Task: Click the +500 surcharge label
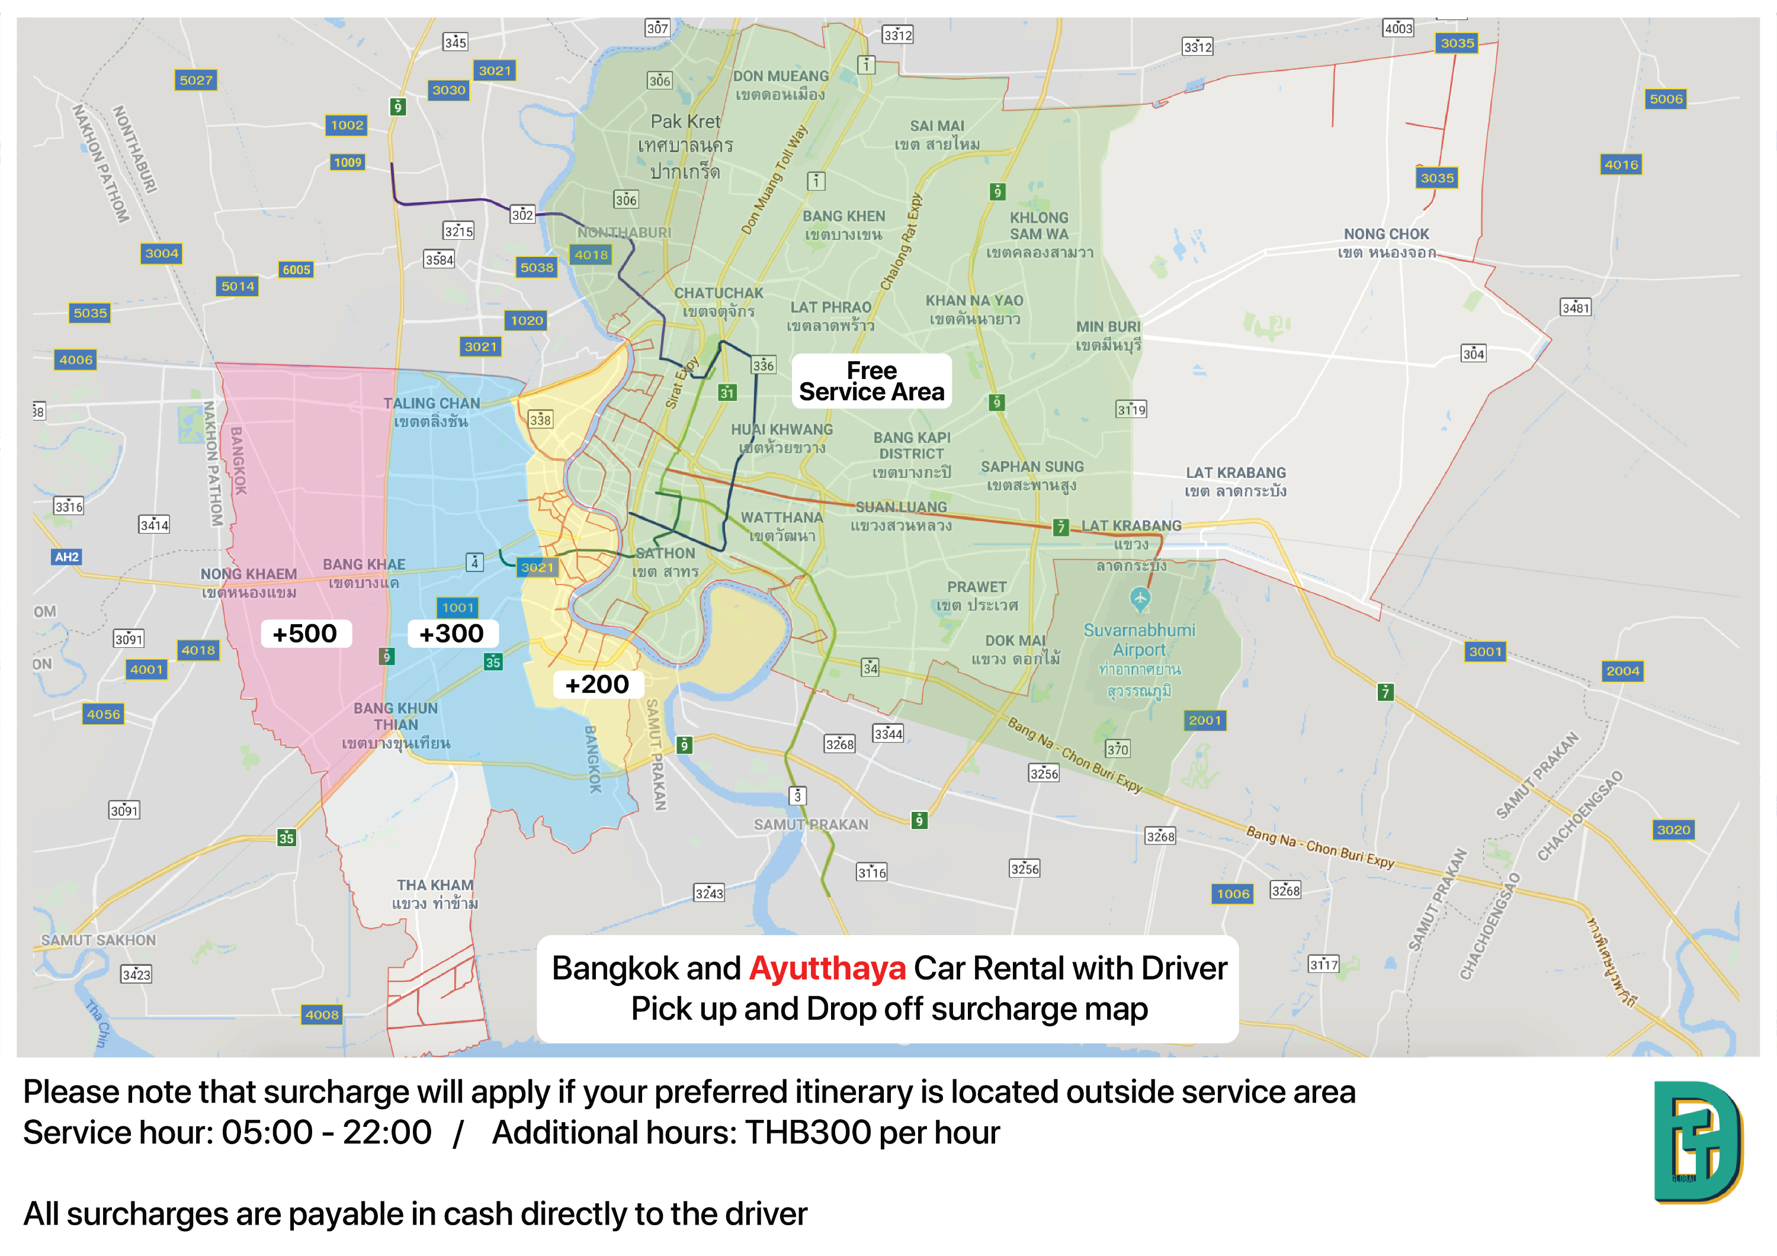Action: pyautogui.click(x=305, y=634)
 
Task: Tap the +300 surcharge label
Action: pyautogui.click(x=451, y=634)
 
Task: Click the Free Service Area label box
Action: pyautogui.click(x=871, y=381)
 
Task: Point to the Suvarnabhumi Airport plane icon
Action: pyautogui.click(x=1139, y=598)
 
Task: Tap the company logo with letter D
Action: pyautogui.click(x=1697, y=1142)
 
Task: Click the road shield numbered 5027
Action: pyautogui.click(x=196, y=81)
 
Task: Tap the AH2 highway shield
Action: pyautogui.click(x=66, y=557)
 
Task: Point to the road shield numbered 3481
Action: pyautogui.click(x=1575, y=308)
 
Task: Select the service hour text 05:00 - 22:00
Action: pyautogui.click(x=326, y=1133)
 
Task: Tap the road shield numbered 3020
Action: pyautogui.click(x=1673, y=830)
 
